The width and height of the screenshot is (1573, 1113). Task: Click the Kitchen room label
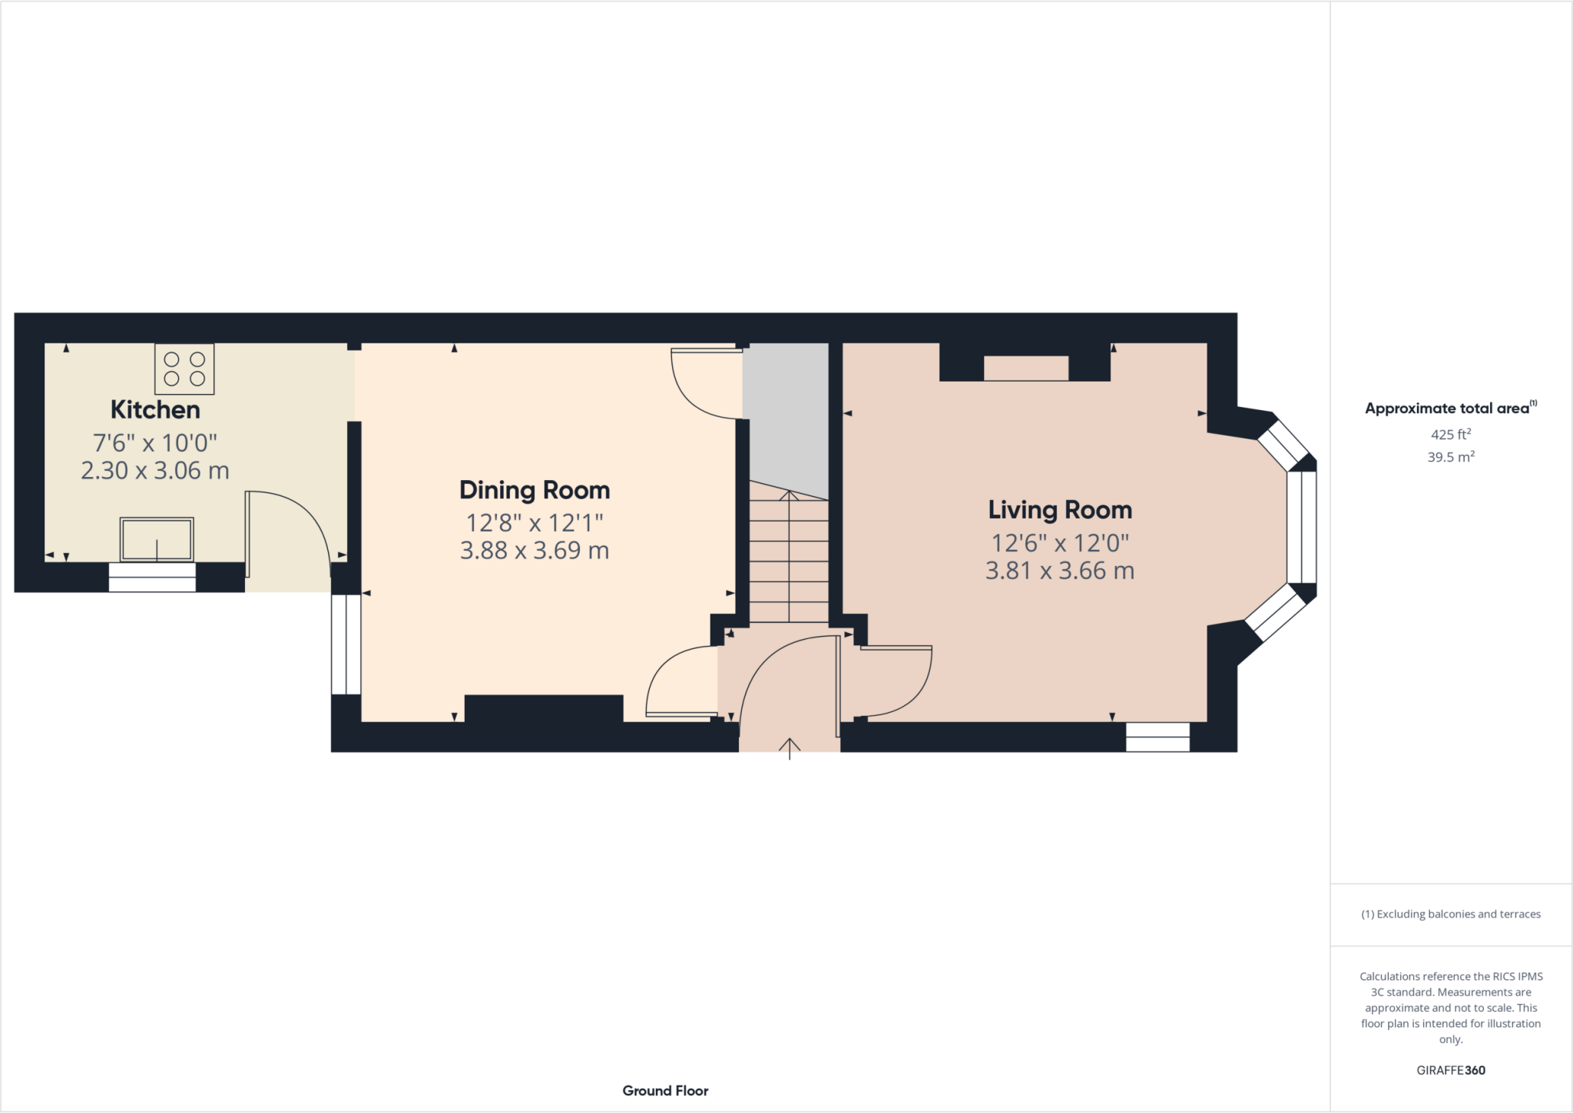155,409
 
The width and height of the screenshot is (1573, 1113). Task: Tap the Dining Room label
535,490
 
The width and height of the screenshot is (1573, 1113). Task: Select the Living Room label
1060,510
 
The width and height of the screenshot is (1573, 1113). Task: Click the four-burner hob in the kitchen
184,369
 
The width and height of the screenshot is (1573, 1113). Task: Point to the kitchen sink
157,539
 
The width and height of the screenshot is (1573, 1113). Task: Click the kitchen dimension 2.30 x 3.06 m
155,470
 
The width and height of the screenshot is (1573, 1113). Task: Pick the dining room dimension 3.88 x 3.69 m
535,551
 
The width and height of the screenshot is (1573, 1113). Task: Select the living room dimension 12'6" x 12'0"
1060,543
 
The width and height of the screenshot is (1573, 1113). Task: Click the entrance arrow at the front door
790,747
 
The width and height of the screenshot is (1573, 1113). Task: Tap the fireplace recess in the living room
1025,368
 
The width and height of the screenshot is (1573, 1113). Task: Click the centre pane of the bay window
1301,527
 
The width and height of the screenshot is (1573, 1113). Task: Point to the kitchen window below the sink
152,577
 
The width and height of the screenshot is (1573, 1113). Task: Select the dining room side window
346,644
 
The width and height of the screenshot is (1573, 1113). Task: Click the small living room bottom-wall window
1157,737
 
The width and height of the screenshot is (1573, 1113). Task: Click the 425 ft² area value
1450,434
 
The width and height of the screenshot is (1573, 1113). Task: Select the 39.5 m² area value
1450,457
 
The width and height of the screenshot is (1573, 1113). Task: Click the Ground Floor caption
665,1091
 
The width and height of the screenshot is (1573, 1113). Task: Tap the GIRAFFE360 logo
1451,1070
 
